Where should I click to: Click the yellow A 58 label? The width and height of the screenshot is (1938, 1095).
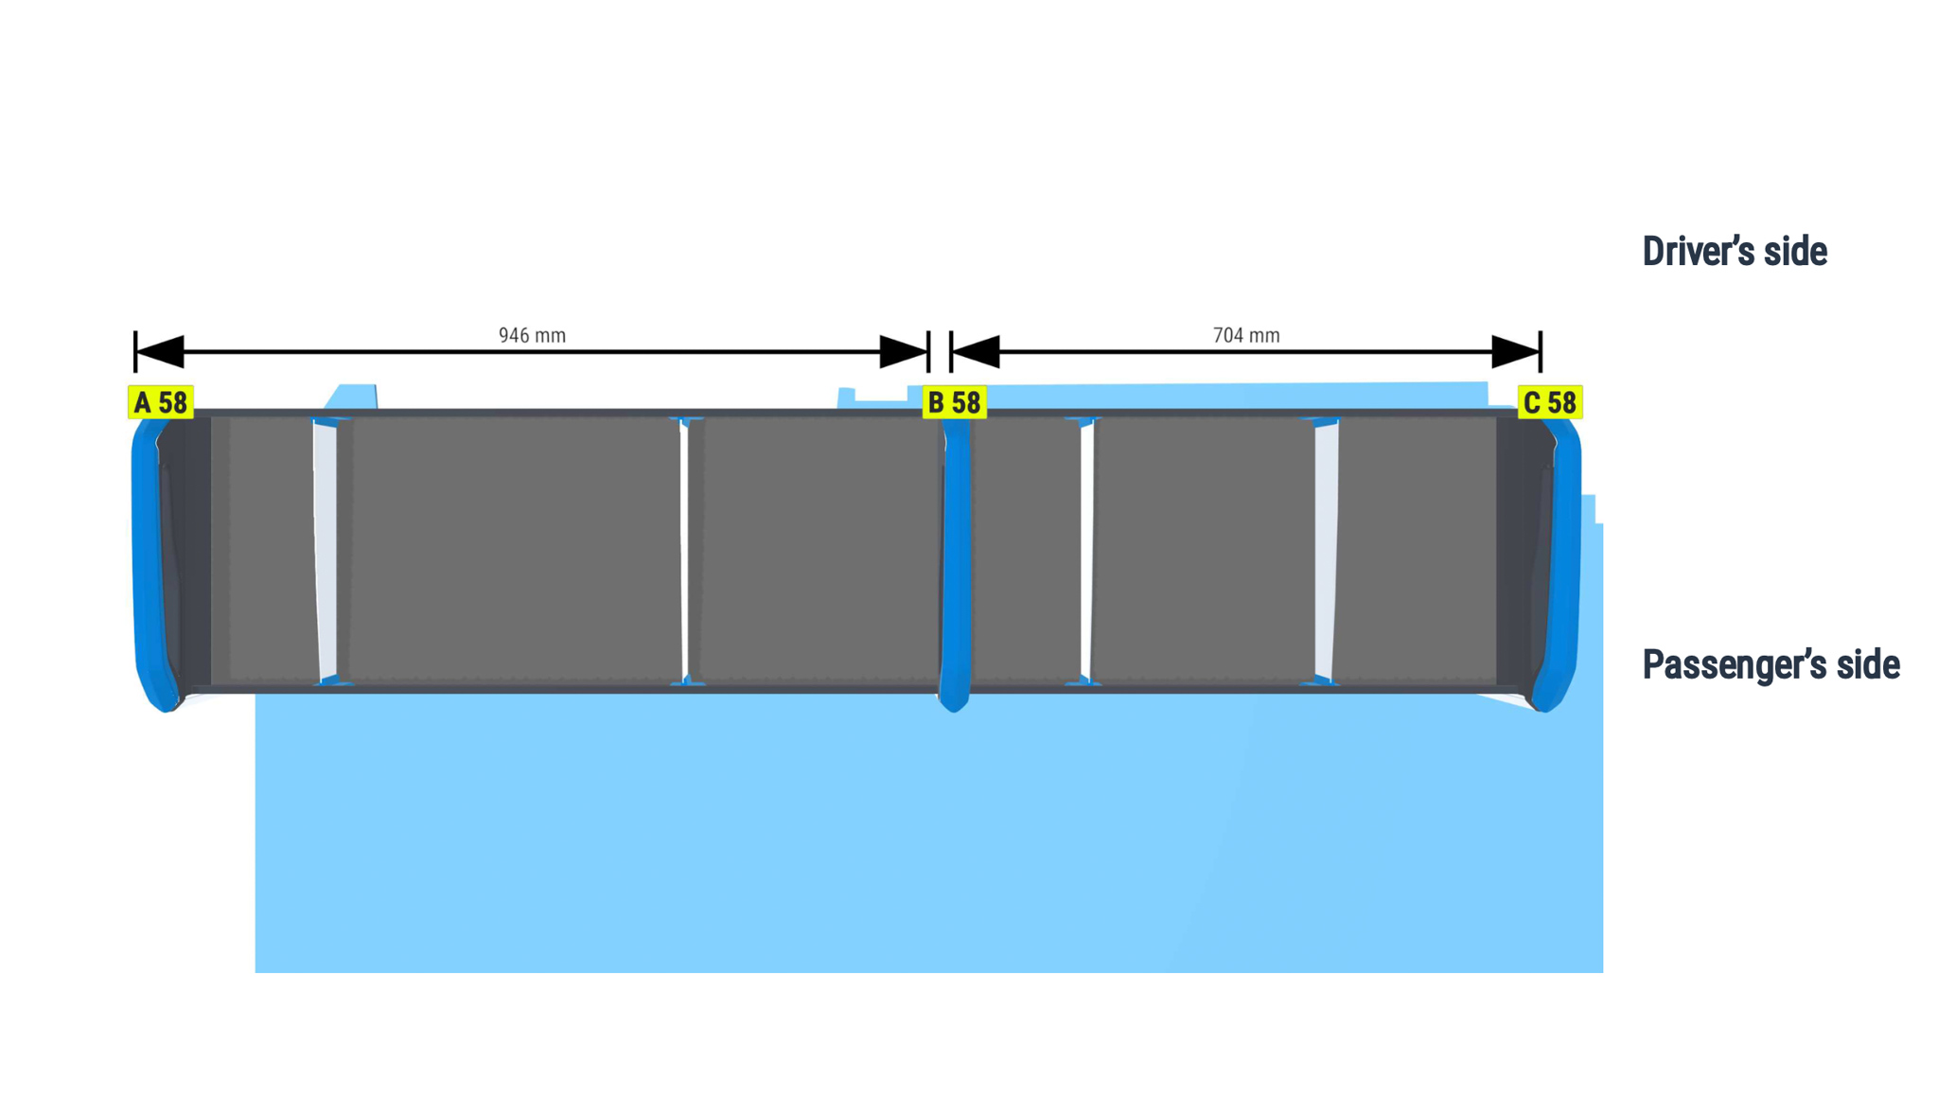point(161,402)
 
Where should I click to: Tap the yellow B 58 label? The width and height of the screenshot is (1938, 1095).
point(955,402)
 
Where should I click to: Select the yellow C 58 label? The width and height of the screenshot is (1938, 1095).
point(1550,402)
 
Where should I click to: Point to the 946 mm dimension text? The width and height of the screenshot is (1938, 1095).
point(532,335)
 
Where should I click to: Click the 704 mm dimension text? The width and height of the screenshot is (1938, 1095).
point(1246,335)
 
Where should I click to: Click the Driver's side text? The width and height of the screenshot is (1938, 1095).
point(1735,252)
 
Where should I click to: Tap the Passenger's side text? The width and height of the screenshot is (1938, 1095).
point(1771,664)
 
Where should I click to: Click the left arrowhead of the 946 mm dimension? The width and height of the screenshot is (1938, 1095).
point(159,351)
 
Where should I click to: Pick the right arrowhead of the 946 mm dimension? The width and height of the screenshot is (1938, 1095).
point(904,351)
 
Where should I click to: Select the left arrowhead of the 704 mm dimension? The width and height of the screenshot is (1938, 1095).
point(976,351)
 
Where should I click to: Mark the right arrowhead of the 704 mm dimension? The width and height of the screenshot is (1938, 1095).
point(1516,351)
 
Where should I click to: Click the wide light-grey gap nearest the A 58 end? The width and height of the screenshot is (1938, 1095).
point(326,549)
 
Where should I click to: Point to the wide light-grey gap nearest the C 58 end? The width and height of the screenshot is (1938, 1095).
point(1326,549)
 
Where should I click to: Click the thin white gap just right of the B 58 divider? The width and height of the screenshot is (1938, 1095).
point(1086,549)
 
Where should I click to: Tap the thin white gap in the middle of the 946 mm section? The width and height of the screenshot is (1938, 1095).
point(683,549)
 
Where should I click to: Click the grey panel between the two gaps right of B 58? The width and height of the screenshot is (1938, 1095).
point(1204,549)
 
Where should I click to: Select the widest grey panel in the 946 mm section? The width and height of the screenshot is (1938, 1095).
point(515,549)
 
